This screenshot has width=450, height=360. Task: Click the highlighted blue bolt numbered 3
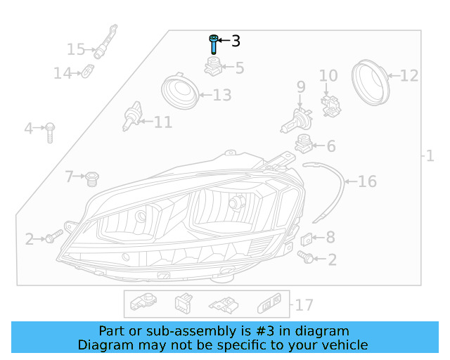click(212, 44)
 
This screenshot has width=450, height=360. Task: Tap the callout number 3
click(236, 41)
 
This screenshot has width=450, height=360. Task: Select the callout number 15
click(75, 49)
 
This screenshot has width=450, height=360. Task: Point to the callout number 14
click(63, 72)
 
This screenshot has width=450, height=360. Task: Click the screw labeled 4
click(51, 131)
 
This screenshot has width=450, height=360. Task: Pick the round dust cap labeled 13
click(179, 94)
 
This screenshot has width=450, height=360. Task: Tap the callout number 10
click(328, 76)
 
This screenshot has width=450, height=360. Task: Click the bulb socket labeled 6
click(303, 143)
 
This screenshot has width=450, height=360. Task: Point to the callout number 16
click(367, 182)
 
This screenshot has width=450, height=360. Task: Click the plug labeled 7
click(90, 179)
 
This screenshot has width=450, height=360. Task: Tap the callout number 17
click(304, 305)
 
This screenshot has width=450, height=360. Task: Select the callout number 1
click(430, 156)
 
